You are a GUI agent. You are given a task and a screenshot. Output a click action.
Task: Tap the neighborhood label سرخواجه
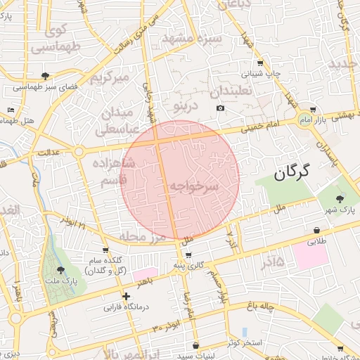[x=194, y=186]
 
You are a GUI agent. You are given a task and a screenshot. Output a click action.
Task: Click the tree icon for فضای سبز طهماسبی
[x=46, y=76]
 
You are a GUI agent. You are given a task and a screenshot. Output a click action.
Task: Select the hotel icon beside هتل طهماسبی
[x=11, y=110]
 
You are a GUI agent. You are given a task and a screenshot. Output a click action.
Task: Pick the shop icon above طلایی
[x=318, y=230]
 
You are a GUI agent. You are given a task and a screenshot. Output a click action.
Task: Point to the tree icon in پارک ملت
[x=60, y=269]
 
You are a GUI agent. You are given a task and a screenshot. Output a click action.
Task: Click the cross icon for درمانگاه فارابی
[x=125, y=296]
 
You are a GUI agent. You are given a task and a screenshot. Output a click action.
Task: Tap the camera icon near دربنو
[x=221, y=108]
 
